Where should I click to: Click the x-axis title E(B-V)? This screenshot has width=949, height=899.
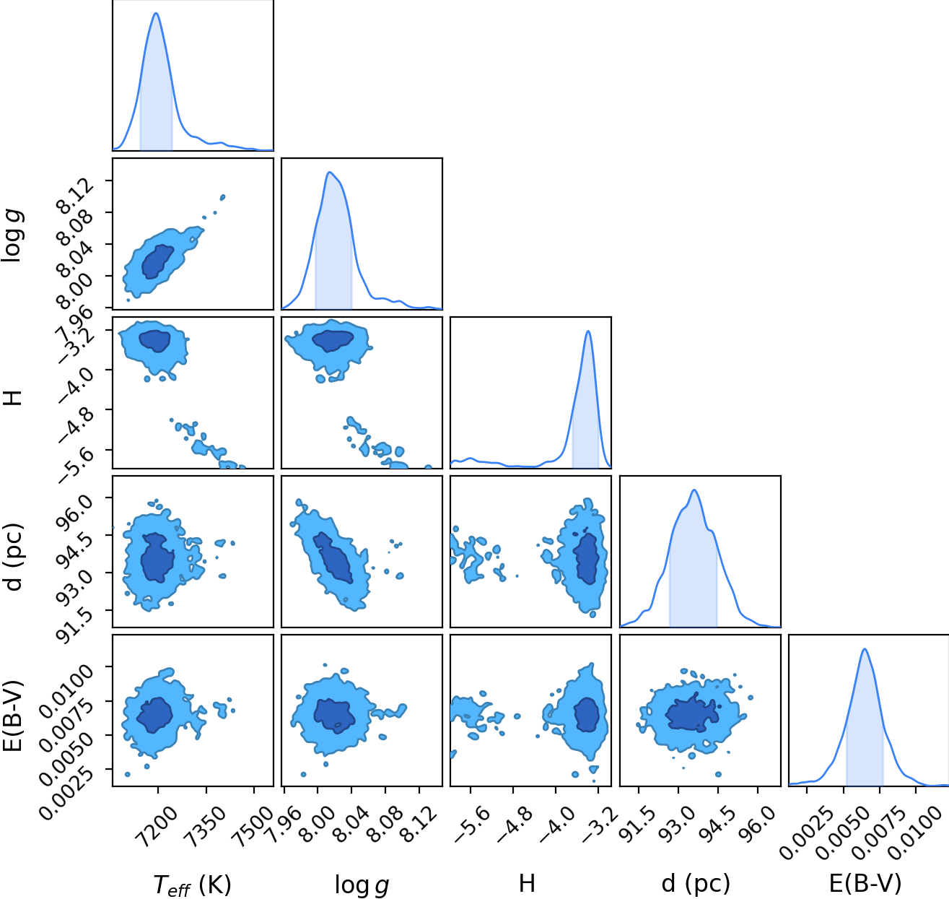point(865,884)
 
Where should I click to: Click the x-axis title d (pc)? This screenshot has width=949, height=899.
point(696,884)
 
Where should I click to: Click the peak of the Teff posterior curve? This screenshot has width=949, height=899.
point(156,13)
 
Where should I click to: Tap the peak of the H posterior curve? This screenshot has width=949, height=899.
point(588,331)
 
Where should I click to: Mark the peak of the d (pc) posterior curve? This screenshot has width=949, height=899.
point(694,490)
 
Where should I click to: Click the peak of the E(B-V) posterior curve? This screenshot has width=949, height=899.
point(865,648)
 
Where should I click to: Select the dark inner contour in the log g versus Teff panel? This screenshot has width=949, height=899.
point(157,261)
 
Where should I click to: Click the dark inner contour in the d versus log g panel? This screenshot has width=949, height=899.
point(333,557)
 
